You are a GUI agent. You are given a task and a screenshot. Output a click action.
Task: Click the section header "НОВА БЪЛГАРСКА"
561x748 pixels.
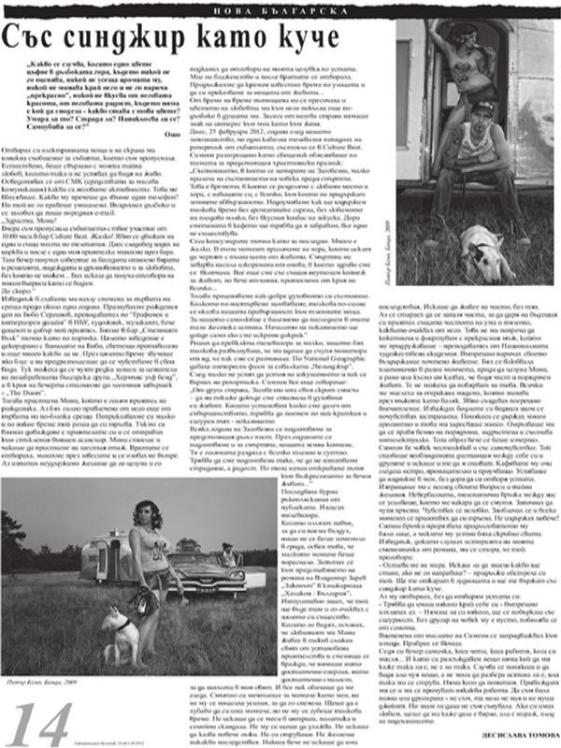click(280, 7)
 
